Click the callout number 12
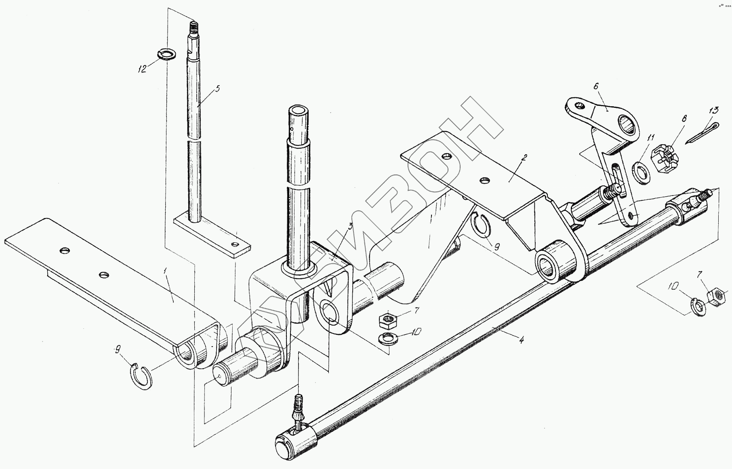tap(142, 69)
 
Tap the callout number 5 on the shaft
tap(218, 89)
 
